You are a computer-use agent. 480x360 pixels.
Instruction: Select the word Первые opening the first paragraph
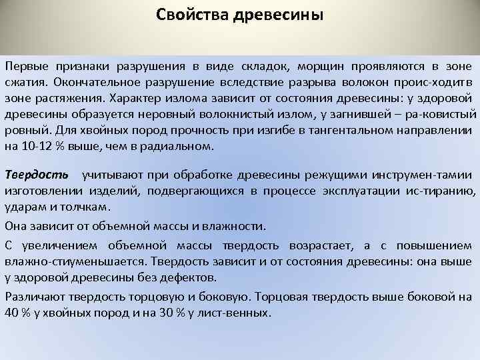click(x=27, y=67)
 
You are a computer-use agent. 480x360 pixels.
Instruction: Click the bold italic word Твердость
click(x=37, y=175)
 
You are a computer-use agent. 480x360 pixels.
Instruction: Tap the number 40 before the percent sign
click(x=11, y=312)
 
